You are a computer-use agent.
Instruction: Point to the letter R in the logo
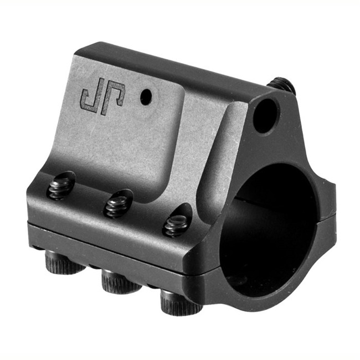tap(114, 97)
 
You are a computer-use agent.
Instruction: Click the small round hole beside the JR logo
tap(145, 97)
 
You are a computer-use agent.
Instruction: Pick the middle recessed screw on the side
tap(117, 205)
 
